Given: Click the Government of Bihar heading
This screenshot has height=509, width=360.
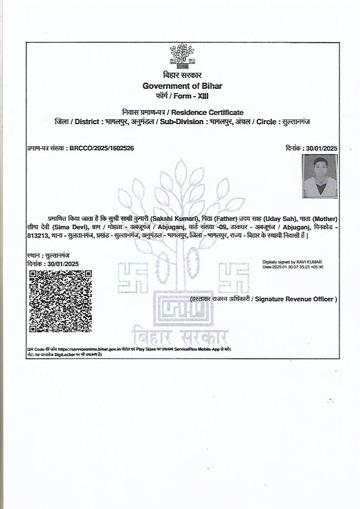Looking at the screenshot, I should [x=182, y=86].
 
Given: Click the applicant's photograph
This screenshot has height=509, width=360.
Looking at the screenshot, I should [x=320, y=176].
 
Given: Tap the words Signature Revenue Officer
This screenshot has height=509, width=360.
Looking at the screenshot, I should [x=296, y=299].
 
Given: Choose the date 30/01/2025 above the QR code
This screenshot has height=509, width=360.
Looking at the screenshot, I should [x=63, y=264].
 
